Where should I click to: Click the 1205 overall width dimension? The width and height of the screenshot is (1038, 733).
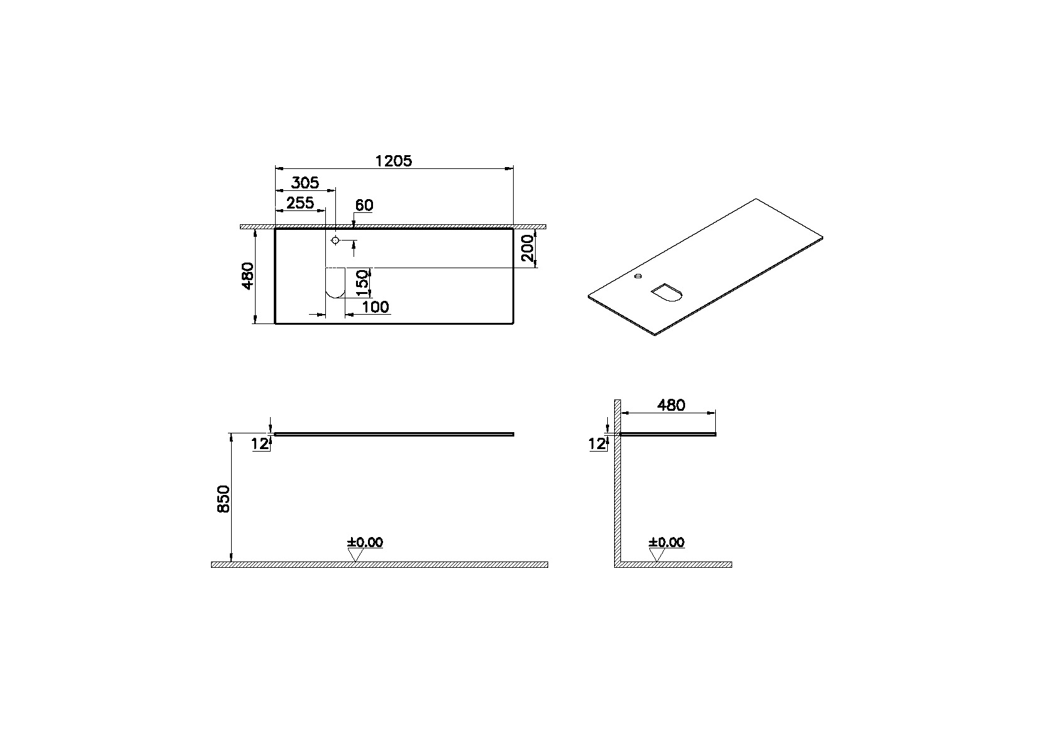click(393, 161)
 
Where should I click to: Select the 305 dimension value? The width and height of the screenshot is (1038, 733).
click(305, 183)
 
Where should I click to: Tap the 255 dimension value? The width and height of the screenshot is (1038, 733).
click(300, 203)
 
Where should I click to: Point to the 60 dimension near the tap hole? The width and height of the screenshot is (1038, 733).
click(364, 205)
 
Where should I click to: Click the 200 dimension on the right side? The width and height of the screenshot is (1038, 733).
click(527, 248)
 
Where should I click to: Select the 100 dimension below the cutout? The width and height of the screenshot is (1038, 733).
click(376, 307)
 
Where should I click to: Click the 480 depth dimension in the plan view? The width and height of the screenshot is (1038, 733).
click(247, 276)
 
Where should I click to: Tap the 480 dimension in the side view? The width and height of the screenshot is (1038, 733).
click(671, 405)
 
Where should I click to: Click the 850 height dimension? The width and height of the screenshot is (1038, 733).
click(224, 499)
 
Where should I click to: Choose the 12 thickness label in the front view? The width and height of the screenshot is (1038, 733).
click(259, 444)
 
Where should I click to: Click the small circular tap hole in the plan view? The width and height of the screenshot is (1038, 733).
click(335, 241)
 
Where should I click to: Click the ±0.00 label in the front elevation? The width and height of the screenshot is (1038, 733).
click(365, 542)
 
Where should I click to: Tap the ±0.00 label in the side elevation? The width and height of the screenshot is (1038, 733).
click(667, 542)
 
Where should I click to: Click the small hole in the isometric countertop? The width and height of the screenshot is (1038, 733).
click(639, 276)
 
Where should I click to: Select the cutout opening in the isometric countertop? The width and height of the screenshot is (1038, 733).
click(666, 292)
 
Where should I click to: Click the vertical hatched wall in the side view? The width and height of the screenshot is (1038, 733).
click(617, 484)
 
